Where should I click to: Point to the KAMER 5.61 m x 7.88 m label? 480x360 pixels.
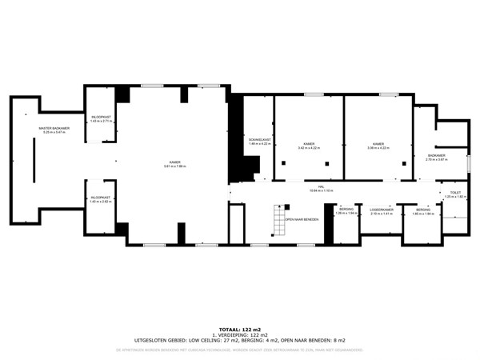[x=174, y=164]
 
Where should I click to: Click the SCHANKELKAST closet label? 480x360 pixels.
[x=260, y=142]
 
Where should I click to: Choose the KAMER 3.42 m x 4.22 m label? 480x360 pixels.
[x=309, y=146]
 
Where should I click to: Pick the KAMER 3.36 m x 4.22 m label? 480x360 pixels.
[x=378, y=146]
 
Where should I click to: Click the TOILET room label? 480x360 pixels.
[x=455, y=194]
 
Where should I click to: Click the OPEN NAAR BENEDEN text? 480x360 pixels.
[x=302, y=218]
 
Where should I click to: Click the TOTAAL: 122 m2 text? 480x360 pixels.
[x=240, y=329]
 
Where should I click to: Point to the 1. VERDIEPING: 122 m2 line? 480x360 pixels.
[x=240, y=334]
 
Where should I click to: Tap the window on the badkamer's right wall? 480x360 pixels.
[x=470, y=163]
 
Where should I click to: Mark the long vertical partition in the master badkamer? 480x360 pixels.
[x=33, y=159]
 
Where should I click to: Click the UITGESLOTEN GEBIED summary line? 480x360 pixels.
[x=240, y=340]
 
